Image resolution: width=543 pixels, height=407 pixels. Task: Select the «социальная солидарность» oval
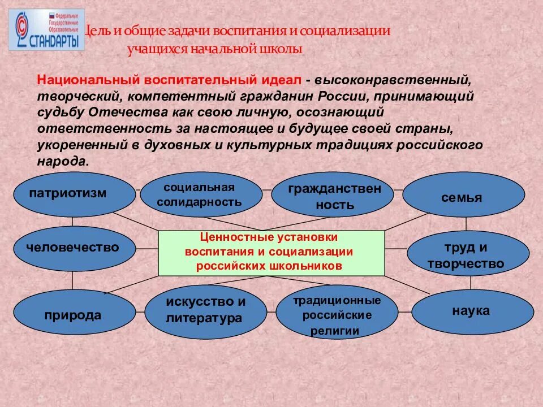click(201, 195)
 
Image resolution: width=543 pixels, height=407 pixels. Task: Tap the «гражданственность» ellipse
click(334, 197)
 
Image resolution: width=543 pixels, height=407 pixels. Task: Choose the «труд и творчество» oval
click(465, 256)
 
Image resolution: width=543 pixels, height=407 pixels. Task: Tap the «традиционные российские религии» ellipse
click(336, 315)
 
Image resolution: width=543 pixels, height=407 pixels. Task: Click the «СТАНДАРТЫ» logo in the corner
click(46, 29)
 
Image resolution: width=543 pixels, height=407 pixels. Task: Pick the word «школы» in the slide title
click(285, 49)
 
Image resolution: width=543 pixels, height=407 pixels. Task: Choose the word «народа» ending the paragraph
click(62, 161)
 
